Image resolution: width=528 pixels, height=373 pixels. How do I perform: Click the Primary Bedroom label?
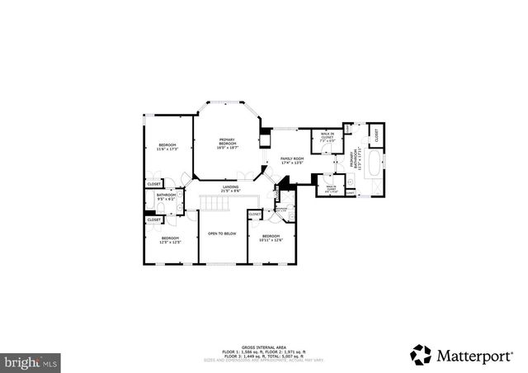(227, 144)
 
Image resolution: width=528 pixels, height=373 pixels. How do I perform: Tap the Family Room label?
(292, 160)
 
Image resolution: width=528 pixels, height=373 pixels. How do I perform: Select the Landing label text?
(231, 190)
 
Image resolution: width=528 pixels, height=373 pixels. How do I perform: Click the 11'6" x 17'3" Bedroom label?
(168, 147)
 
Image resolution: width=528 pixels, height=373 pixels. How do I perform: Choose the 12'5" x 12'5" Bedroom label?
(171, 240)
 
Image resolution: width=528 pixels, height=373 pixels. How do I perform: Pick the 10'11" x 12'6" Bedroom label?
(271, 239)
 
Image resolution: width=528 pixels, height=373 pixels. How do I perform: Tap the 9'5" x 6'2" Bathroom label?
(166, 198)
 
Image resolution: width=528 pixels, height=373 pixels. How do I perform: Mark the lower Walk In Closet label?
(331, 188)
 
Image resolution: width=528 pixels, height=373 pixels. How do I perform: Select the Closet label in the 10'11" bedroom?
(255, 215)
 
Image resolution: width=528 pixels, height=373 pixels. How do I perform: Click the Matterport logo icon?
(421, 355)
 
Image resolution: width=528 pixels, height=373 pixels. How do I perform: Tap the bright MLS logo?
(31, 361)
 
